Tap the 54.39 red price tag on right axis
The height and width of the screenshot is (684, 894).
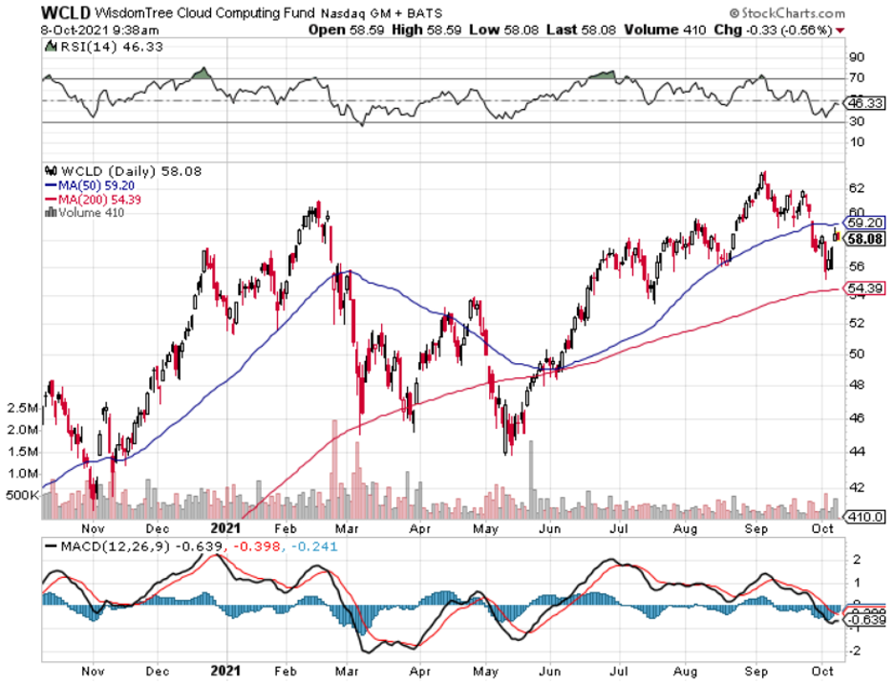tap(865, 289)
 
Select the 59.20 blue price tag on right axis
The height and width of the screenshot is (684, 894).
tap(865, 222)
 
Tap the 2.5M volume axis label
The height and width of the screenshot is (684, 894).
tap(24, 408)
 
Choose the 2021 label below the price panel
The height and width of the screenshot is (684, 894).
tap(226, 526)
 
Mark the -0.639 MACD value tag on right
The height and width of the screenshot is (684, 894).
tap(866, 619)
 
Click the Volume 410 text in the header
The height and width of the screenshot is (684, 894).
tap(665, 30)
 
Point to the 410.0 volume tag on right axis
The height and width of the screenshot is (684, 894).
tap(866, 517)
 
